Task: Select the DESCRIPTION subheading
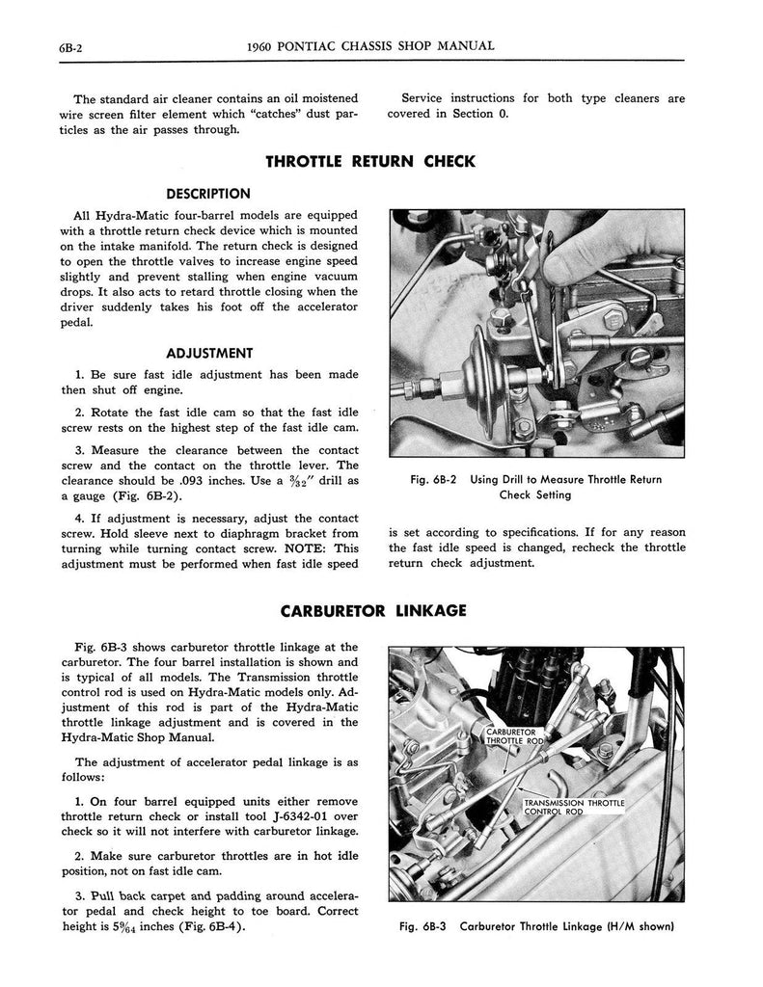click(207, 193)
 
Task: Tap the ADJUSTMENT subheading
click(208, 353)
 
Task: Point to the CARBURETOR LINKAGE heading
click(373, 610)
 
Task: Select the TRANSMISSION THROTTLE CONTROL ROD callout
click(573, 807)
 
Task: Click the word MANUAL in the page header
click(467, 45)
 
